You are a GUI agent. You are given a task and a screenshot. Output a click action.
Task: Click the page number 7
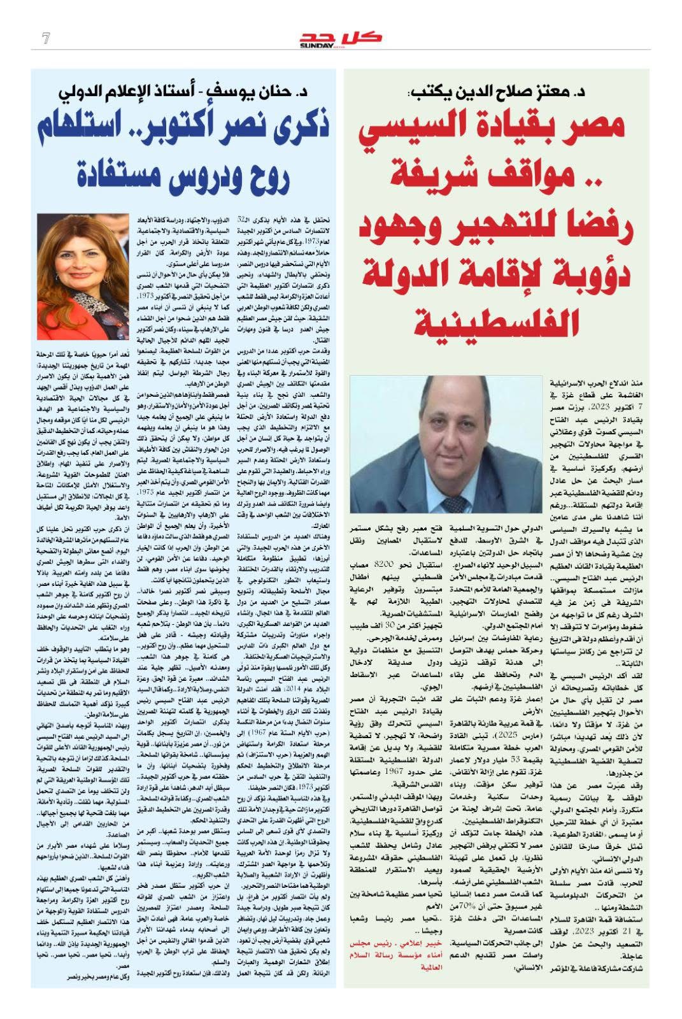click(x=45, y=38)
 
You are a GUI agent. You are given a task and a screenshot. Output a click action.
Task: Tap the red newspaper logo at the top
click(x=341, y=38)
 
